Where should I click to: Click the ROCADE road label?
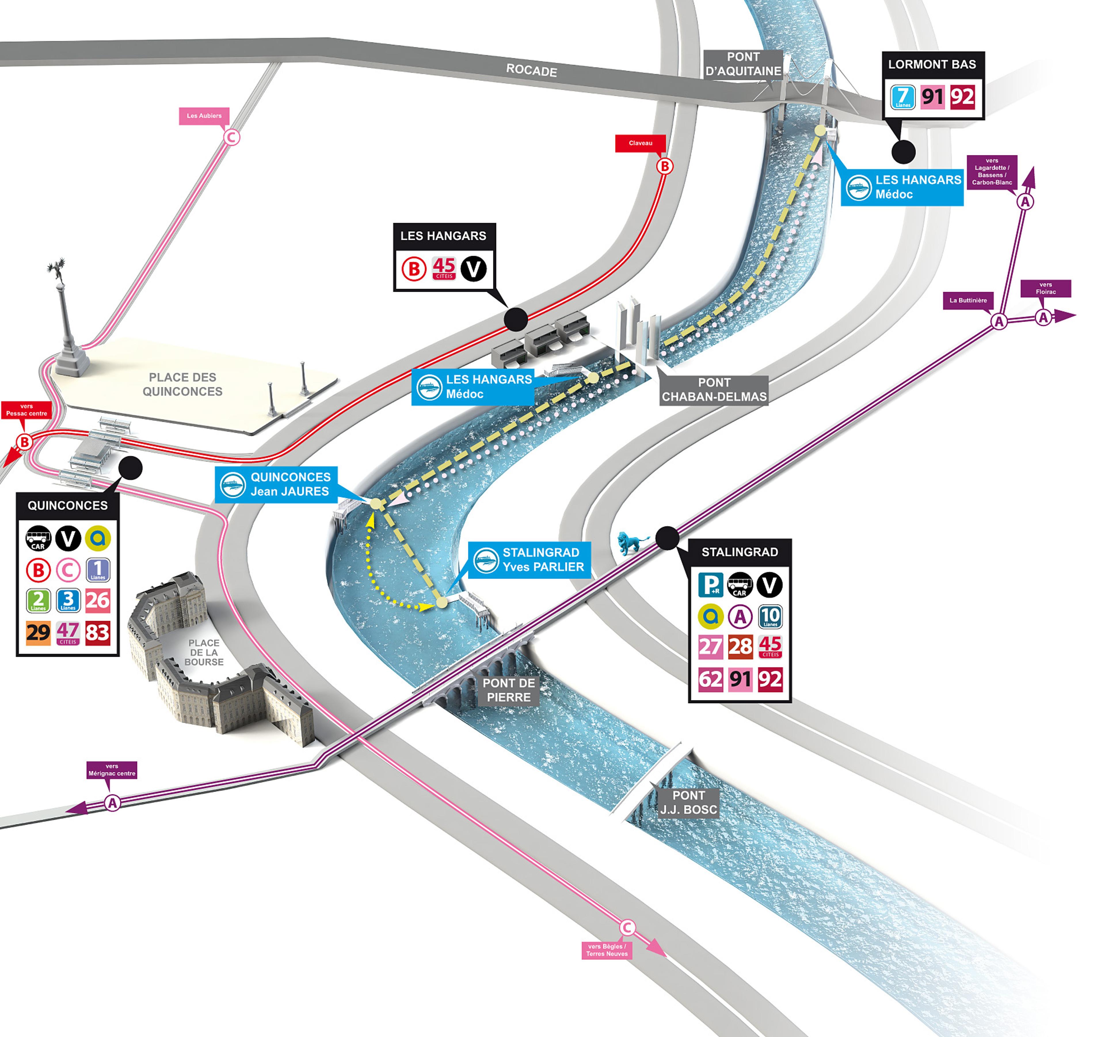[531, 70]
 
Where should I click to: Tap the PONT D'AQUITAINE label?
[743, 64]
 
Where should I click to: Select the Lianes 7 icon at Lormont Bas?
[903, 97]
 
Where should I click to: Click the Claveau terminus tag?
[640, 143]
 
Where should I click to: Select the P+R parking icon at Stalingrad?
[710, 585]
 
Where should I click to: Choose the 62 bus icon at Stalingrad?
[710, 679]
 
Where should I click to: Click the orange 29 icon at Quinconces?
[38, 632]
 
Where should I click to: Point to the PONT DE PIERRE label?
[508, 690]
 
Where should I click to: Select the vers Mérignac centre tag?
[112, 770]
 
